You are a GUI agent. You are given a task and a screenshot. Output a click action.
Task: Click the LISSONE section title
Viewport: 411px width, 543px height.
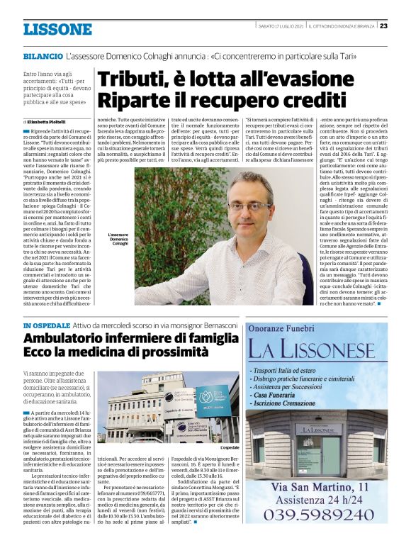pos(57,29)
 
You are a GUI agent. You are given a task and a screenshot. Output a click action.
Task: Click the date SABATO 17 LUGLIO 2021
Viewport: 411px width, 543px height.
pos(284,26)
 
